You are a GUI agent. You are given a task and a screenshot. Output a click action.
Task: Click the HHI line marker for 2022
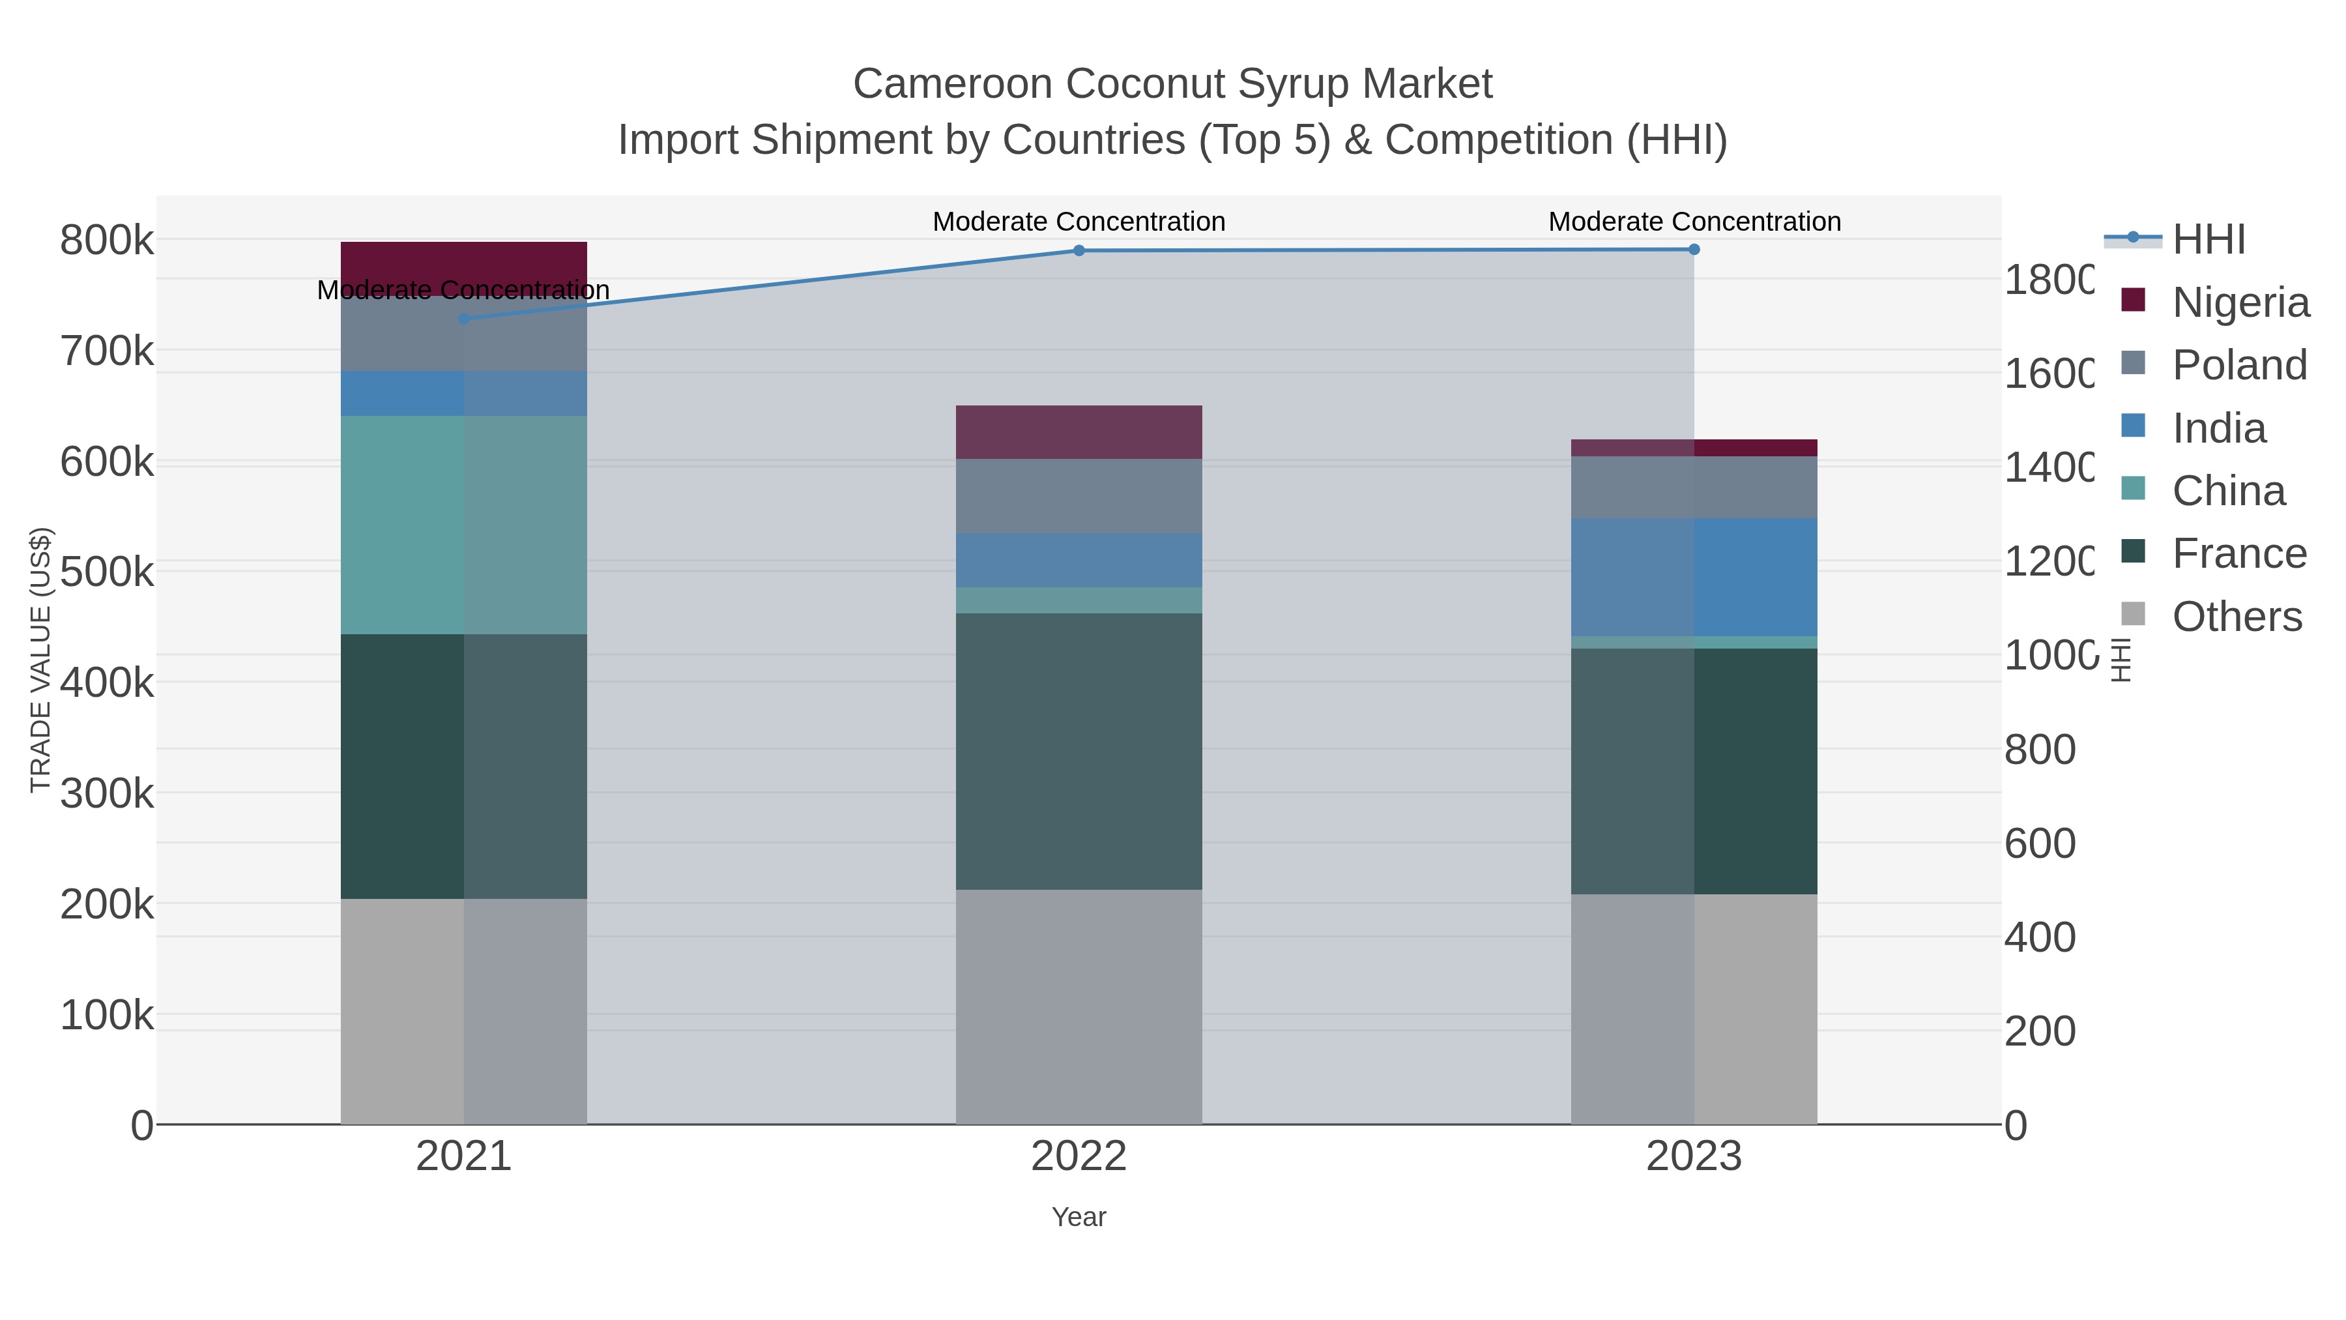(1079, 250)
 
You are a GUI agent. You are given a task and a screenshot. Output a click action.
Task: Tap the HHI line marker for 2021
(463, 319)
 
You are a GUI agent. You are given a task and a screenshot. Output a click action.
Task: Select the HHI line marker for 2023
(1694, 250)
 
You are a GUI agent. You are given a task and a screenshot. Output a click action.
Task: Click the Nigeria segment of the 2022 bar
(1079, 432)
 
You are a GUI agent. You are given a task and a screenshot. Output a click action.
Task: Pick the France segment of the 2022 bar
(1079, 751)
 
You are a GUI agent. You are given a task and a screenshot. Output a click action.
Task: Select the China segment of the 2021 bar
(463, 525)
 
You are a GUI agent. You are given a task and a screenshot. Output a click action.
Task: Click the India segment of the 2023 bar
(1694, 577)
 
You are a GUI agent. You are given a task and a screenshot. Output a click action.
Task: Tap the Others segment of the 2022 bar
(1079, 1006)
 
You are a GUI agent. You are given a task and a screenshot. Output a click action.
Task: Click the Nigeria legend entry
(2240, 302)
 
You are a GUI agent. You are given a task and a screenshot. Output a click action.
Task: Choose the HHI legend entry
(2208, 240)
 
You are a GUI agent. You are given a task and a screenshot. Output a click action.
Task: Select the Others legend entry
(2237, 617)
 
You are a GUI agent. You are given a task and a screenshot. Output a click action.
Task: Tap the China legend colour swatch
(2134, 488)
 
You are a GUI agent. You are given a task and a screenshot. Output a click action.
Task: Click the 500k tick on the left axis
(107, 573)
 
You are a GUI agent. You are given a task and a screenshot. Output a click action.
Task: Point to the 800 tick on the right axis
(2040, 750)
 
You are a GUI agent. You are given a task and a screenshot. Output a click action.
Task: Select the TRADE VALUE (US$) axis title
(41, 660)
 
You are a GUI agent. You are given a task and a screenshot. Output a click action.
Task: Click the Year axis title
(1079, 1217)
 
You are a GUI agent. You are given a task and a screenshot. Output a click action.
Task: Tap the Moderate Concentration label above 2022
(1079, 222)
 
